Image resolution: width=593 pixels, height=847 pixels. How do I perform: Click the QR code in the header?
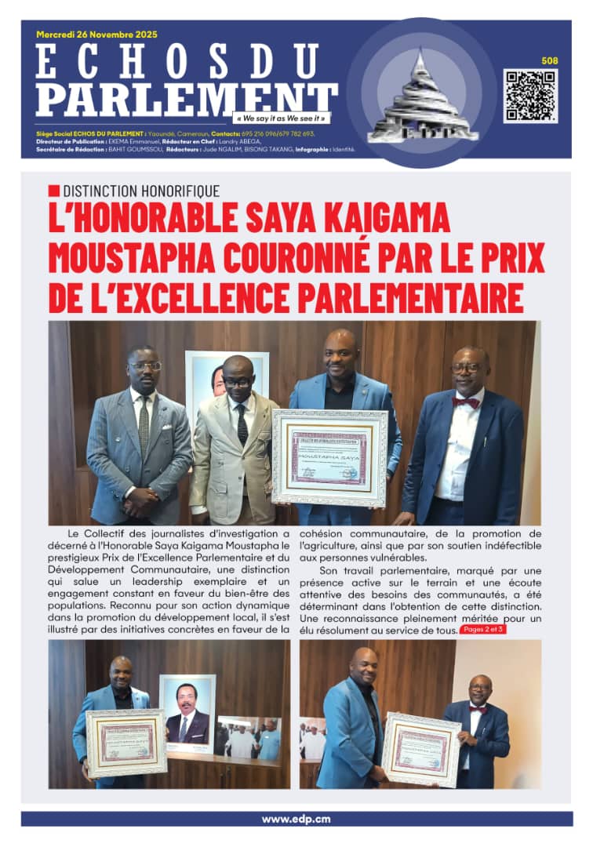[x=531, y=96]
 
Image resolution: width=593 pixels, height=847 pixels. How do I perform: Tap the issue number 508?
[x=550, y=60]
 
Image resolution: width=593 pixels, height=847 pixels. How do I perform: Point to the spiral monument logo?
[x=423, y=98]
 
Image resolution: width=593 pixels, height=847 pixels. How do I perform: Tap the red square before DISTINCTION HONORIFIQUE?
[x=53, y=191]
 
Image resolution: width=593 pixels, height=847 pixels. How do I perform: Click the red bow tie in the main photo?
[x=466, y=402]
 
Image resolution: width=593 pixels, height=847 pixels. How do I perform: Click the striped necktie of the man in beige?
[x=242, y=423]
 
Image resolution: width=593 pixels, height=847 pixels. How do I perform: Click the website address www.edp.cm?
[x=296, y=819]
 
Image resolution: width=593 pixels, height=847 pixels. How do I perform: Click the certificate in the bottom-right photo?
[x=421, y=749]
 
